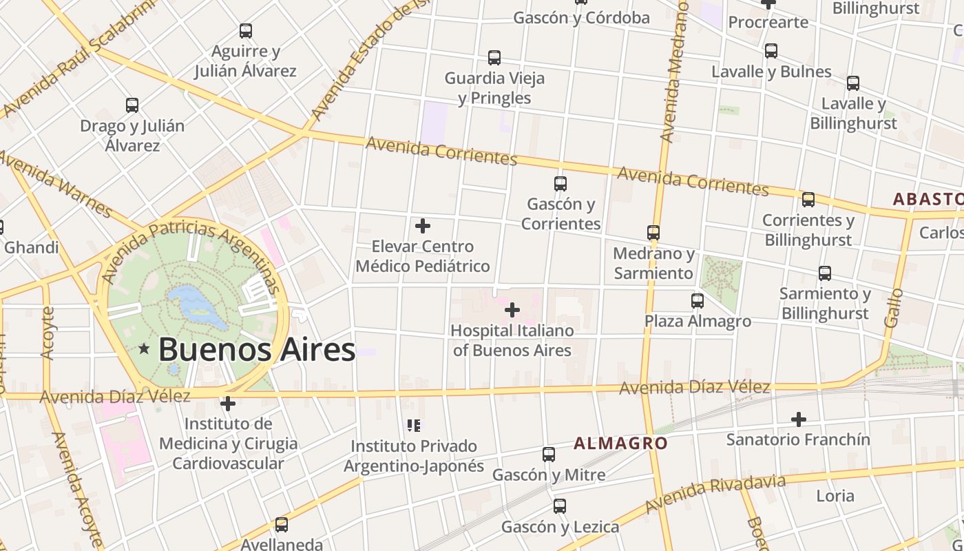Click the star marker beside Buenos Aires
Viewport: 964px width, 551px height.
tap(144, 349)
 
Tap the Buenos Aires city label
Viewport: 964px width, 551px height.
tap(256, 350)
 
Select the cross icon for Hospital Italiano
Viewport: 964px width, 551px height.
tap(512, 311)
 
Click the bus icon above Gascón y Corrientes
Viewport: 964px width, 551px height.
tap(560, 184)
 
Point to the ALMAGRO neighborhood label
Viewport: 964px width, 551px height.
tap(620, 443)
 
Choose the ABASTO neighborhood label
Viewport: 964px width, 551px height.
tap(928, 199)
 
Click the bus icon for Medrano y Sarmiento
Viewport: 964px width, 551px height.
tap(653, 233)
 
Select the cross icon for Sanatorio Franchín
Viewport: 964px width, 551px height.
tap(798, 419)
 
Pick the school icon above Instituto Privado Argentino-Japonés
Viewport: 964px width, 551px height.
tap(413, 425)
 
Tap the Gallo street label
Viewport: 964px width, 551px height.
tap(894, 308)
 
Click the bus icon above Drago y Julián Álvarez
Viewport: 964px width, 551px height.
tap(132, 105)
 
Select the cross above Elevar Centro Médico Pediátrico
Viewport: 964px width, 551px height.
tap(423, 226)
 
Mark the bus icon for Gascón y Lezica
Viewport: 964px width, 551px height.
tap(560, 506)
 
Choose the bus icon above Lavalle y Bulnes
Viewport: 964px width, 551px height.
tap(771, 51)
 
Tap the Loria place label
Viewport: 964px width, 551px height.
tap(835, 496)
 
